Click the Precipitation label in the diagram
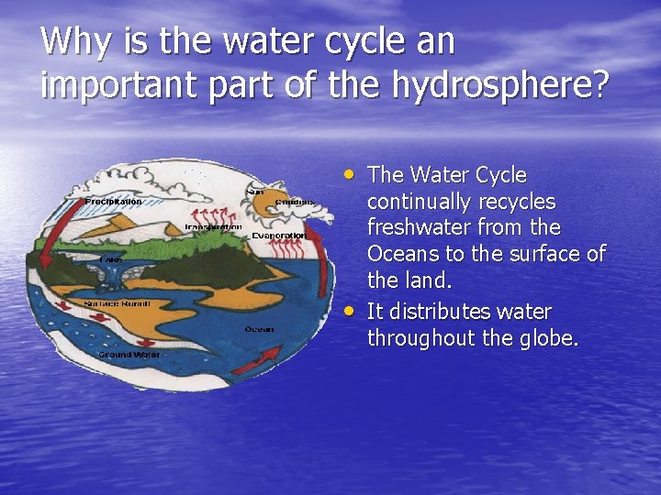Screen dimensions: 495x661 click(x=113, y=201)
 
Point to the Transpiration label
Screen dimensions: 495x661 click(x=213, y=226)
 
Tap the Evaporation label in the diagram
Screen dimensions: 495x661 click(x=278, y=236)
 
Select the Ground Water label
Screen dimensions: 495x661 click(x=129, y=354)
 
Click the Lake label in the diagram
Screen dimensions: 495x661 click(x=110, y=259)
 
